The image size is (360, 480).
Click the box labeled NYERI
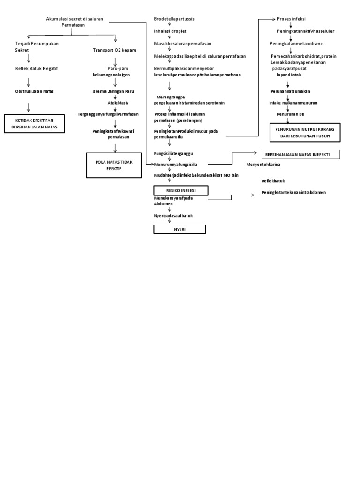180,229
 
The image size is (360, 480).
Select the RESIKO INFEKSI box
181,191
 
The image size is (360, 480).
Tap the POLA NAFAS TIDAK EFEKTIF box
113,165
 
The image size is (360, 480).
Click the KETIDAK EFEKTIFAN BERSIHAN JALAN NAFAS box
34,124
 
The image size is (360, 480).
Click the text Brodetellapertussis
174,19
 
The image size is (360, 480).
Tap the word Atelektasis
118,102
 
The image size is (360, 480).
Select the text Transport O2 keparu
114,50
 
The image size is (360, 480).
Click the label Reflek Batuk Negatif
36,68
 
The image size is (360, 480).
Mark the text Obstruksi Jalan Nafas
34,91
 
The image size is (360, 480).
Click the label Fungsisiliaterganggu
174,153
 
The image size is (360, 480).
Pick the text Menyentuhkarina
266,165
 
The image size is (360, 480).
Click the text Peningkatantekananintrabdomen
294,192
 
